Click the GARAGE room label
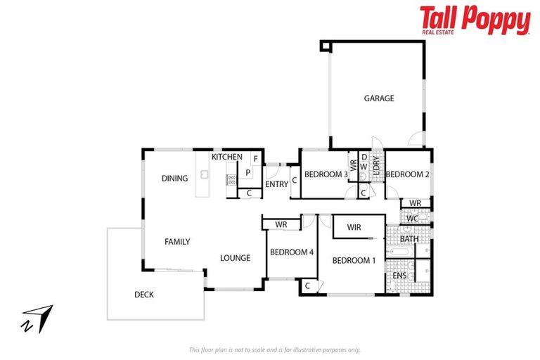378,98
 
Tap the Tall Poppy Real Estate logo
475,20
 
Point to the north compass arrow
37,318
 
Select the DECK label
143,295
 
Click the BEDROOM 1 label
354,261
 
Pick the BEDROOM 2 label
407,174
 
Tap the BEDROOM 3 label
326,174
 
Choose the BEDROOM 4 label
291,252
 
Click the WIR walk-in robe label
354,227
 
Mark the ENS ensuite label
399,276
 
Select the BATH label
409,239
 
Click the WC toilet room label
412,219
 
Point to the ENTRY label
276,184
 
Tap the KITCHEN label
227,157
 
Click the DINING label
174,178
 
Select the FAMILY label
177,242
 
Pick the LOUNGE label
235,258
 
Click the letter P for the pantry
248,172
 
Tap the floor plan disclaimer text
274,349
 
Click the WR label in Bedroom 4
281,224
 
